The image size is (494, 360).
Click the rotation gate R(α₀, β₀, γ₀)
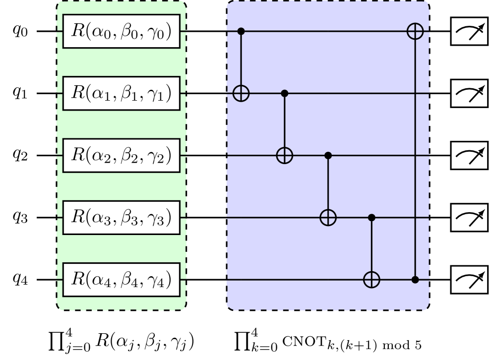pos(122,31)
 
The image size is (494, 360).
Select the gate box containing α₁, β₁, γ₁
pos(122,93)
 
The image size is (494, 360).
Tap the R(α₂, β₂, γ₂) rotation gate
pos(122,155)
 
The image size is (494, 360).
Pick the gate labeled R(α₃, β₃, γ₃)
pos(122,217)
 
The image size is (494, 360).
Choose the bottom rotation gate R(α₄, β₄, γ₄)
pos(122,280)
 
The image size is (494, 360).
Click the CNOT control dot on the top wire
pos(241,31)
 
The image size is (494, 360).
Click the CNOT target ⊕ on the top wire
pos(415,31)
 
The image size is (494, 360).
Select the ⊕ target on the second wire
pos(241,93)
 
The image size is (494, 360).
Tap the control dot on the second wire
pos(285,93)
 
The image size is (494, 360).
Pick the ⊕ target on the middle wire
pos(285,155)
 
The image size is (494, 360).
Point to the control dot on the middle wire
pos(328,155)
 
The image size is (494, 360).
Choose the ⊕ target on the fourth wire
pos(328,217)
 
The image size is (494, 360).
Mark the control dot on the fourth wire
pos(371,217)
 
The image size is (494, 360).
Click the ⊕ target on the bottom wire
pos(371,280)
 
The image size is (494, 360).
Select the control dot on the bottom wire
pos(415,280)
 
